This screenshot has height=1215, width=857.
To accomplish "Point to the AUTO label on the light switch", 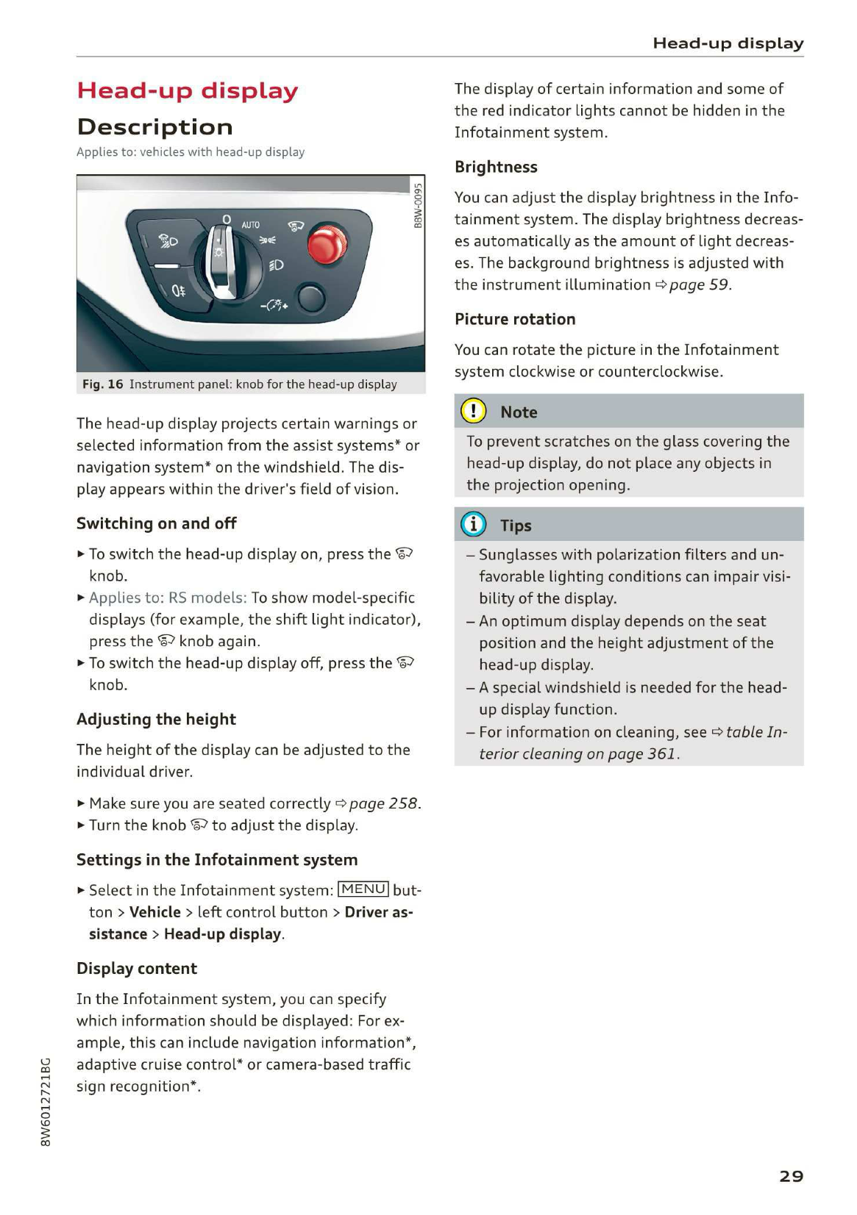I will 250,224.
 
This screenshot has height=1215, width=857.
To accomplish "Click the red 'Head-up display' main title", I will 188,90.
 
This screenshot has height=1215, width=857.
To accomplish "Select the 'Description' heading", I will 154,127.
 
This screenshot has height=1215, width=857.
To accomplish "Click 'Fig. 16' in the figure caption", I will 102,384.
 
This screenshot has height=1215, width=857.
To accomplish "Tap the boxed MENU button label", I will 363,889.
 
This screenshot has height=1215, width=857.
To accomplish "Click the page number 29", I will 791,1176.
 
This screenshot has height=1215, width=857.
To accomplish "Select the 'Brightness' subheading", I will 496,167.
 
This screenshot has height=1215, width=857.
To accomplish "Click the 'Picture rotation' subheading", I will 514,319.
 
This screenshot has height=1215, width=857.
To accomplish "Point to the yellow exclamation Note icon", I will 473,411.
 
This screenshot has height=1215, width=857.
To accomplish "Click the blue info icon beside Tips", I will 473,524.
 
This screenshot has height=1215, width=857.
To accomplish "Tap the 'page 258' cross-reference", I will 383,803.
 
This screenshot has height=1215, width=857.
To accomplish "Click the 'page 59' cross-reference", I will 699,284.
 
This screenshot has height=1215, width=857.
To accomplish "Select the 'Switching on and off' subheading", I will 156,523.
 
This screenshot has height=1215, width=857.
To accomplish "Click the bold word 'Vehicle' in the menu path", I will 154,912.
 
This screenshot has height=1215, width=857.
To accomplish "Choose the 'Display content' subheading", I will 137,968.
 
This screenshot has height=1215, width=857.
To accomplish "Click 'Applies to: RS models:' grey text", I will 168,598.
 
